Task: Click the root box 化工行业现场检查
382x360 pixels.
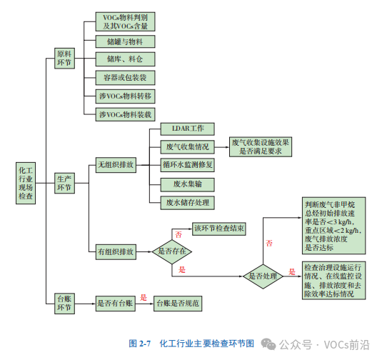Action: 26,183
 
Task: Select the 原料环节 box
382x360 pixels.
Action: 64,59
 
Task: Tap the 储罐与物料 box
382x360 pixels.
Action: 125,41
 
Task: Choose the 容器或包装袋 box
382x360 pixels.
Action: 125,78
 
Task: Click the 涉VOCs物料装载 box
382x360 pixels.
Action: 125,114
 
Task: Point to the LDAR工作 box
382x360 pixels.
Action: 187,129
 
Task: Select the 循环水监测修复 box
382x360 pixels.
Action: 187,165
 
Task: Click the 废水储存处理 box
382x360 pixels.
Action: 187,203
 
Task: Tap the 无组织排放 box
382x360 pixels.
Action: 116,165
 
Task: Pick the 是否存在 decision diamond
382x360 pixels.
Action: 172,251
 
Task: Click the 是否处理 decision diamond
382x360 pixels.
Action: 263,276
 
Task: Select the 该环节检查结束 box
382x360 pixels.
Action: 219,229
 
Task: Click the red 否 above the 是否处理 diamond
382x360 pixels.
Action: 269,243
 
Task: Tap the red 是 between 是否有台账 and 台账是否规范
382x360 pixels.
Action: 144,297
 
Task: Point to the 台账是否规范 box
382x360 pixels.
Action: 178,304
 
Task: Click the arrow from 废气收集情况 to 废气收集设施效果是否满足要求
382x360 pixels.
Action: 222,147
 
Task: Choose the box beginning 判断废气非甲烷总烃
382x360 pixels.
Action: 333,226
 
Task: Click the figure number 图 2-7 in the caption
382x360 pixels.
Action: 140,344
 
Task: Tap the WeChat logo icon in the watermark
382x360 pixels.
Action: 268,344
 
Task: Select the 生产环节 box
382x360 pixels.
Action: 64,184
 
